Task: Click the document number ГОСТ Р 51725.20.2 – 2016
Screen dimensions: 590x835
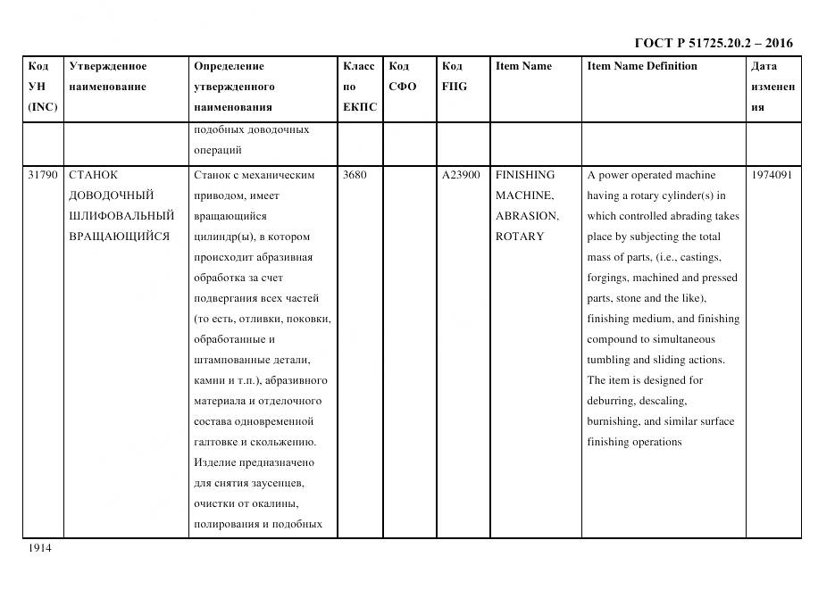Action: tap(713, 43)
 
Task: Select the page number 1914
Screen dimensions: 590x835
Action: tap(38, 548)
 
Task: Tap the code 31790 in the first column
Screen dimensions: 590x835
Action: tap(43, 175)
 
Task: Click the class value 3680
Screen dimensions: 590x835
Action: tap(355, 175)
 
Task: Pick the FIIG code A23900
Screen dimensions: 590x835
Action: tap(461, 175)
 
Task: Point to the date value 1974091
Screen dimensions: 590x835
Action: tap(772, 175)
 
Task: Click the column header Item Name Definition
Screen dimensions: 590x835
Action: tap(641, 66)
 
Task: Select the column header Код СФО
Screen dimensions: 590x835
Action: tap(402, 77)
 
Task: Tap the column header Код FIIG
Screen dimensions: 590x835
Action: tap(454, 77)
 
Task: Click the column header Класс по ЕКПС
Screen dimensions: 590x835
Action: tap(359, 87)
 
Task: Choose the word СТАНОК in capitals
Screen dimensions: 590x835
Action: tap(93, 175)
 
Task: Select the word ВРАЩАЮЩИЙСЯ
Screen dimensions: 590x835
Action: tap(119, 237)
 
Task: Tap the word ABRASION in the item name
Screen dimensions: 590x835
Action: tap(526, 216)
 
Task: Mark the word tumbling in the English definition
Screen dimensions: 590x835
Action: tap(609, 360)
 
